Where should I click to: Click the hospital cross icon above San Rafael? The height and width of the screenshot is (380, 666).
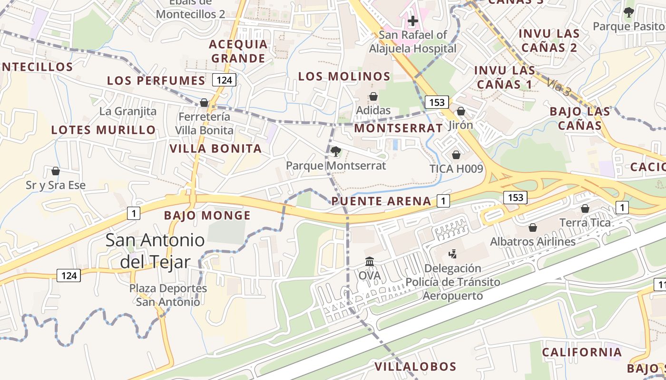click(413, 20)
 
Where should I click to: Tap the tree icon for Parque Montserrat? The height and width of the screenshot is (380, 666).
click(336, 152)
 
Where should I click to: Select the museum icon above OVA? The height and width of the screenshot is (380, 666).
click(370, 261)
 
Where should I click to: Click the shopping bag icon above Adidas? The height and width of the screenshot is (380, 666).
click(373, 96)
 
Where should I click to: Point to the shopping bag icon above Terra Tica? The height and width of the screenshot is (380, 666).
click(585, 209)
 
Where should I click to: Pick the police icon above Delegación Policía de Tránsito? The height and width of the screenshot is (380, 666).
click(452, 254)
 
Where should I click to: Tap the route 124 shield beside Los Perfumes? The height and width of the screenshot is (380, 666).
click(224, 80)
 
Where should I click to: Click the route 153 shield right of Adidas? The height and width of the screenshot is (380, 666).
click(437, 102)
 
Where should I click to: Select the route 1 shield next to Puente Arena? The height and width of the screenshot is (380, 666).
click(443, 201)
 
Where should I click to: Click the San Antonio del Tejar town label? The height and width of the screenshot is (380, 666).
click(155, 251)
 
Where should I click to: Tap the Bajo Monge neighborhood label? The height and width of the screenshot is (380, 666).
click(207, 216)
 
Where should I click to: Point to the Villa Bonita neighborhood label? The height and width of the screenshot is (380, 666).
click(215, 149)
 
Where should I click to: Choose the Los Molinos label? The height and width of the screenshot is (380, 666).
click(344, 76)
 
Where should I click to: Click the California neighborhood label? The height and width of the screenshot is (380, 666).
click(582, 352)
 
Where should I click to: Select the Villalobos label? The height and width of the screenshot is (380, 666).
click(415, 367)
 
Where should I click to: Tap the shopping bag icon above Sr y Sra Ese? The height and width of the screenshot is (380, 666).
click(56, 171)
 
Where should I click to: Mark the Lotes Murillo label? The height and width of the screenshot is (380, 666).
click(103, 130)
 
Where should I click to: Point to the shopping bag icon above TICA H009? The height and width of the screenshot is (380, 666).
click(456, 155)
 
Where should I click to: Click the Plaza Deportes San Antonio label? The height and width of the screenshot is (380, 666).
click(168, 295)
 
